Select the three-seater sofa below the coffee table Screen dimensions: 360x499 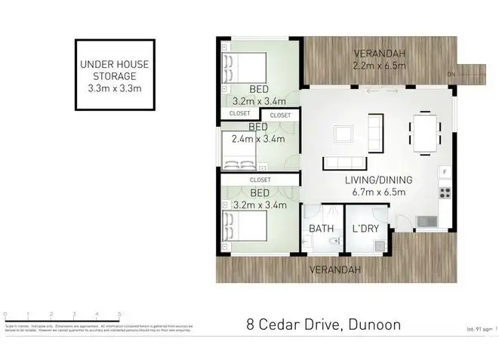(x=345, y=163)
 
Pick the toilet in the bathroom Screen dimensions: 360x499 (x=333, y=241)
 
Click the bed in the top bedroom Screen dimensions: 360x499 (x=248, y=70)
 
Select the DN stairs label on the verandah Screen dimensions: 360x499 (x=451, y=74)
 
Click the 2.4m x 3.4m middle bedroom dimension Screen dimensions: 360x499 (x=258, y=139)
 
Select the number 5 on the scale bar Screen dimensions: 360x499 (x=119, y=313)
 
